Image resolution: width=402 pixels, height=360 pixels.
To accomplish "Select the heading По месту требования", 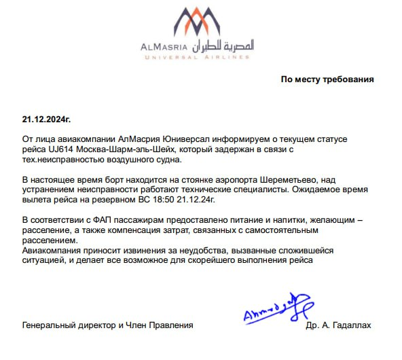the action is coord(327,79).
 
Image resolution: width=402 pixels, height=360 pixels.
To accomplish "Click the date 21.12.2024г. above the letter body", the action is coord(46,119).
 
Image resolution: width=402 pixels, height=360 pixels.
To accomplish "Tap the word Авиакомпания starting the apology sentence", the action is coord(53,250).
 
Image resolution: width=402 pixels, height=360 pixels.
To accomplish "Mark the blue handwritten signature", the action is coord(271,309).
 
